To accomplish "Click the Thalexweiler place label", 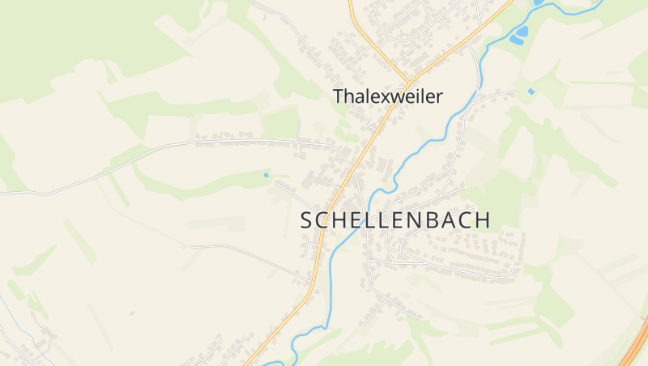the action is (x=388, y=96).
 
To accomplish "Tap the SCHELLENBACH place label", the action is (x=395, y=220).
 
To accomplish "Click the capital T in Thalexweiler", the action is (x=339, y=96).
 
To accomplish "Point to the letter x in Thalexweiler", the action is (x=377, y=97).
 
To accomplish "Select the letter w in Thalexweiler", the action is (x=400, y=97).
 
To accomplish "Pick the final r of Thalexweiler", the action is (x=440, y=97).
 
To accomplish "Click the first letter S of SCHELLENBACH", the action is (x=307, y=220).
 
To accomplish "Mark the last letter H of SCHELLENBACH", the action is (x=483, y=220).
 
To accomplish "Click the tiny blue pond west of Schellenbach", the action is (x=266, y=174).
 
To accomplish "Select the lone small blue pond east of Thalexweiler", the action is (x=531, y=91).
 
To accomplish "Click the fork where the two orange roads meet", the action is (x=407, y=81).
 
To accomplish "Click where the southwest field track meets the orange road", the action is (x=311, y=284).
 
